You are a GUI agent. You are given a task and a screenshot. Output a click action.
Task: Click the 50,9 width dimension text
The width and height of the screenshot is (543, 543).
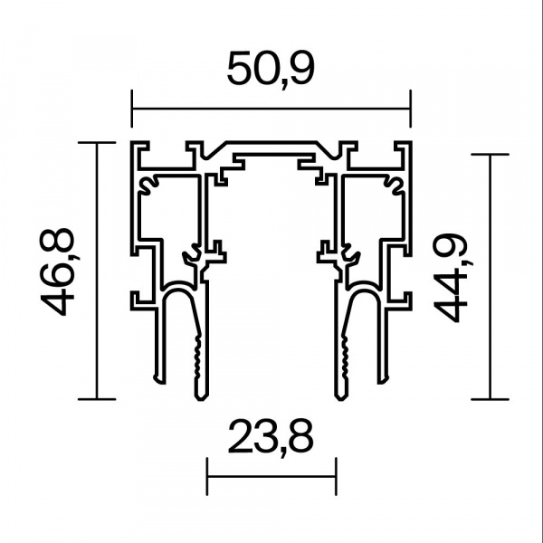pyautogui.click(x=271, y=70)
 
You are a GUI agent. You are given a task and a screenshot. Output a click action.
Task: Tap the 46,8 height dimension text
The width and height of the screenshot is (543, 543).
pyautogui.click(x=59, y=271)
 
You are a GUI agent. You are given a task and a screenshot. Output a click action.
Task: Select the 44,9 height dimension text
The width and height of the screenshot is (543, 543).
pyautogui.click(x=452, y=278)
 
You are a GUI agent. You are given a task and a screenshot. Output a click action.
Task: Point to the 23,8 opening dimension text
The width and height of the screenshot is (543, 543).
pyautogui.click(x=271, y=438)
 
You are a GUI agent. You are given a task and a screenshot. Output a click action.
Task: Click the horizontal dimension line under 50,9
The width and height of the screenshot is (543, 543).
pyautogui.click(x=271, y=109)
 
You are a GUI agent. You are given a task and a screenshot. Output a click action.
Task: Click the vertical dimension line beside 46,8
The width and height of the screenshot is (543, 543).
pyautogui.click(x=97, y=271)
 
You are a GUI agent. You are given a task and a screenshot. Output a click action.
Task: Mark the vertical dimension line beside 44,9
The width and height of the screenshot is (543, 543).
pyautogui.click(x=490, y=277)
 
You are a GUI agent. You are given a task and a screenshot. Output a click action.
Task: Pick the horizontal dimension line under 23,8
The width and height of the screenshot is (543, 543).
pyautogui.click(x=271, y=477)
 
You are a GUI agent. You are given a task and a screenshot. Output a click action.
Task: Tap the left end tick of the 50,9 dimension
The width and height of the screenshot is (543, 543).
pyautogui.click(x=131, y=109)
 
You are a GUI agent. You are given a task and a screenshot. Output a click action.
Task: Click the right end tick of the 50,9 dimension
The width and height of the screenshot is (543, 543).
pyautogui.click(x=411, y=109)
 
